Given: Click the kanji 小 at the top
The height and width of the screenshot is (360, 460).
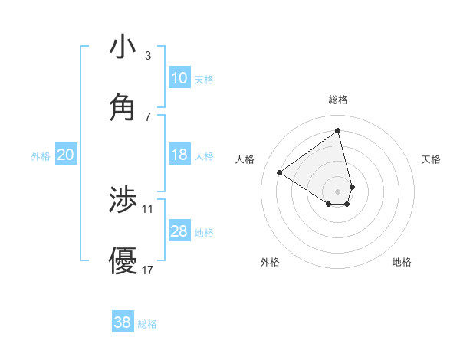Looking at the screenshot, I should (123, 47).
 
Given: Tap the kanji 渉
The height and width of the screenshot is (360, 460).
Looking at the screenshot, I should (123, 200).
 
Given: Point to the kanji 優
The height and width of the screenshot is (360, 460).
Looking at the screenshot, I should (123, 260).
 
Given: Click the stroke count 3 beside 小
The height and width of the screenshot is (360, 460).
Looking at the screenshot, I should (148, 56).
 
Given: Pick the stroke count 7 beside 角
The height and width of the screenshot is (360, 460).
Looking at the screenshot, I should (148, 116).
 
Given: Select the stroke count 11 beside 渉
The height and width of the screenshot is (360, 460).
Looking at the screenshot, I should (148, 208).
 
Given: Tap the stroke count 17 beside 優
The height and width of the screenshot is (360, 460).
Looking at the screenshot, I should (148, 270).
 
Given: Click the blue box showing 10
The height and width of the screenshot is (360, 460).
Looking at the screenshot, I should (179, 78).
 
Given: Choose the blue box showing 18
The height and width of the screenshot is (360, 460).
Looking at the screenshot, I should (179, 155).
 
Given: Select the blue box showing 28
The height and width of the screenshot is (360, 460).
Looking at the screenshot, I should (179, 231).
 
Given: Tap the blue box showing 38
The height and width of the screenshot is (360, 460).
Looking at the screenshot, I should (122, 322).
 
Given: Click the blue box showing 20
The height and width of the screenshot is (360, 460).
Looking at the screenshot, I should (65, 155).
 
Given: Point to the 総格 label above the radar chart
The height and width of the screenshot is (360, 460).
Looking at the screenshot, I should (338, 100).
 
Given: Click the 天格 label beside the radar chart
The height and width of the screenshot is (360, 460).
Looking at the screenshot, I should (431, 159).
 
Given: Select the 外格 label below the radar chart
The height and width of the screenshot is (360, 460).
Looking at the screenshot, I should (270, 262).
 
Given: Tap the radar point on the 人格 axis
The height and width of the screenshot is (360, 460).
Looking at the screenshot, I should (280, 172).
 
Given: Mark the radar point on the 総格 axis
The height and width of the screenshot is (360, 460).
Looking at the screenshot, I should (338, 130).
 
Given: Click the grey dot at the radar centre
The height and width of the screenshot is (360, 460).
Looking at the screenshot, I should (338, 191).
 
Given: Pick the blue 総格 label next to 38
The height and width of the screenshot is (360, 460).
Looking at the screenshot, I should (147, 324).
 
